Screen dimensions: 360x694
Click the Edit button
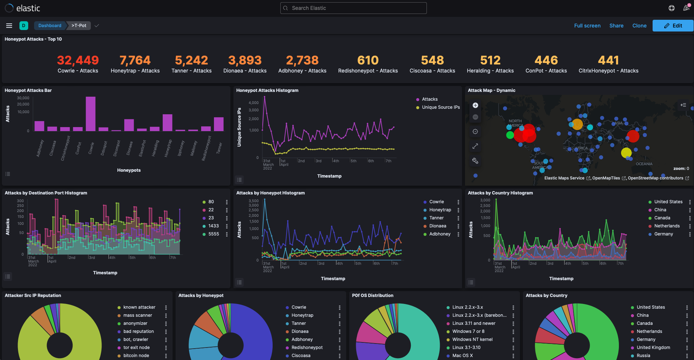pyautogui.click(x=673, y=26)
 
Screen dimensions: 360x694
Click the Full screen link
pyautogui.click(x=587, y=26)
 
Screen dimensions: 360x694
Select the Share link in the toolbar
pyautogui.click(x=616, y=26)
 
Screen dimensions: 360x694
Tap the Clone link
pyautogui.click(x=639, y=26)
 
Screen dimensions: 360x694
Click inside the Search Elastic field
pyautogui.click(x=353, y=8)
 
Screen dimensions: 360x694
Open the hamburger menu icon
pyautogui.click(x=9, y=26)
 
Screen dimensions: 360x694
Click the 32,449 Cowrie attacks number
pyautogui.click(x=78, y=60)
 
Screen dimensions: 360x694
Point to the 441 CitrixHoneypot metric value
pyautogui.click(x=608, y=60)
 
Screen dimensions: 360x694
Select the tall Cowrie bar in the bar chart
pyautogui.click(x=91, y=114)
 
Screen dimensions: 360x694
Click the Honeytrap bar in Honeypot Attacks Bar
pyautogui.click(x=167, y=123)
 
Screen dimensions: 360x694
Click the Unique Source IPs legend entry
pyautogui.click(x=440, y=107)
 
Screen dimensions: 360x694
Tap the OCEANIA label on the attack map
pyautogui.click(x=644, y=164)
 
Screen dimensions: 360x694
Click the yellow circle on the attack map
pyautogui.click(x=626, y=153)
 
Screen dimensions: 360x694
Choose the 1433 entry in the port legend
pyautogui.click(x=213, y=226)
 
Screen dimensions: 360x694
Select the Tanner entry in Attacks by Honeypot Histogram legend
pyautogui.click(x=436, y=218)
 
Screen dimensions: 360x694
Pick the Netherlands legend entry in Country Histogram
pyautogui.click(x=667, y=226)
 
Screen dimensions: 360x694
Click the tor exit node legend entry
pyautogui.click(x=136, y=348)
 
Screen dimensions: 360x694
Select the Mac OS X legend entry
pyautogui.click(x=462, y=356)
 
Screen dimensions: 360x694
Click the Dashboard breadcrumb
pyautogui.click(x=50, y=26)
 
